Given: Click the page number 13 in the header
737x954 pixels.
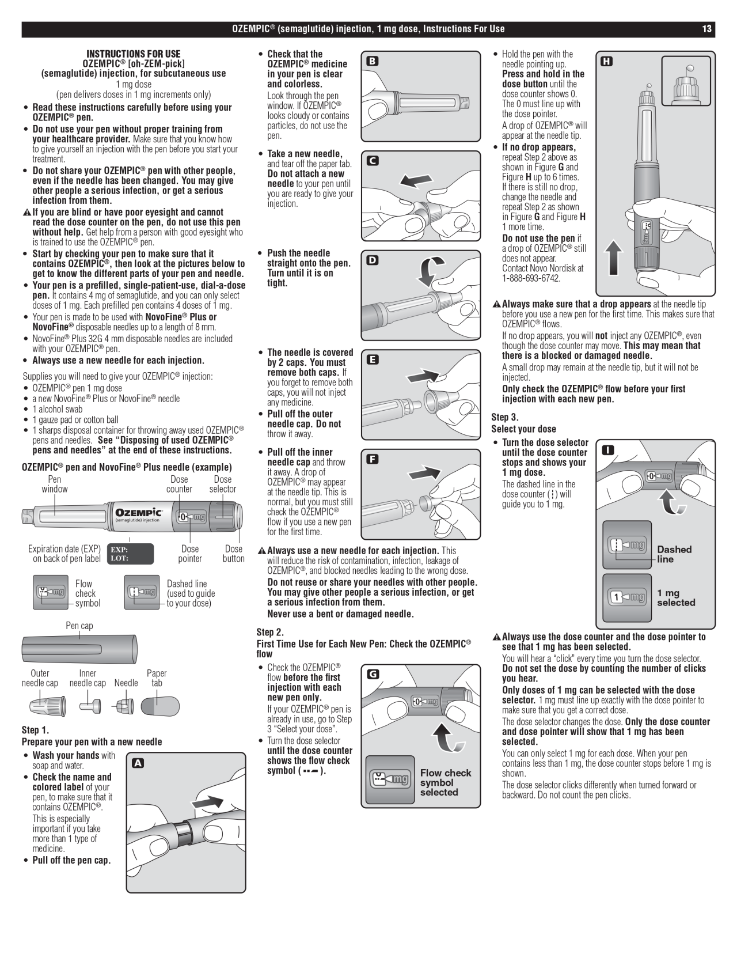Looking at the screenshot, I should pos(706,29).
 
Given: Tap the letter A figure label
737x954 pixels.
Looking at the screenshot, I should pos(138,763).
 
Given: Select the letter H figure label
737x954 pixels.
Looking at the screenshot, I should pos(606,61).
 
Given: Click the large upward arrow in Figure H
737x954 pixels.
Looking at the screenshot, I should pos(614,258).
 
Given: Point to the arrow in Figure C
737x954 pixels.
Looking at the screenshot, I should pos(416,181).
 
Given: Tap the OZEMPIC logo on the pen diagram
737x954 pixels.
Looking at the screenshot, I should pos(138,512).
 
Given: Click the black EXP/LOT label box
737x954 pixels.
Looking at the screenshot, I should pos(130,554).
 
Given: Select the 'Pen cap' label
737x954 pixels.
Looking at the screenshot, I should pos(79,626).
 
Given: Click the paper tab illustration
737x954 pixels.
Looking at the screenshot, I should pos(160,706).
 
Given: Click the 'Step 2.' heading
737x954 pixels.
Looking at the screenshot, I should pos(270,632).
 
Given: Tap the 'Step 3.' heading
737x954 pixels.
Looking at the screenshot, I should pos(505,417).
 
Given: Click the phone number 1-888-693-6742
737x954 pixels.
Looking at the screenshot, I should pos(530,278).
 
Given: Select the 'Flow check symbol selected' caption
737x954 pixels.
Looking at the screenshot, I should pos(445,782).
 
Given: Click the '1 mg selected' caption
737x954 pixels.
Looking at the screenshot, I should pos(676,597).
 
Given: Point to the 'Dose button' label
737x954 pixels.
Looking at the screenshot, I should pos(233,554).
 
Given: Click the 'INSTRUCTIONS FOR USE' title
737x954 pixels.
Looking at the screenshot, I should pos(133,54).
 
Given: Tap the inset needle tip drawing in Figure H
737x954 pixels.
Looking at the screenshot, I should pos(685,81).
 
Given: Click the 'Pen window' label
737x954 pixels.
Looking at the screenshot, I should pos(54,484).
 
